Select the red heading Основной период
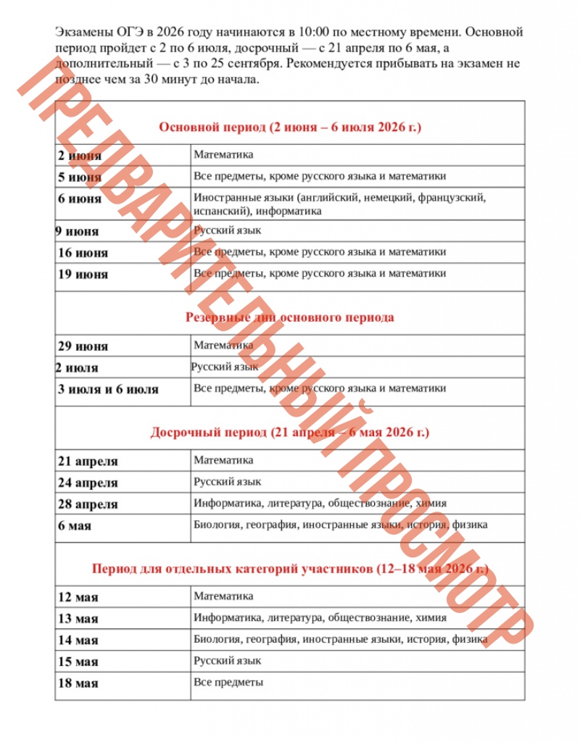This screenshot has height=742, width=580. (289, 127)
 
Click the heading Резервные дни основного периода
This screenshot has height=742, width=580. (289, 317)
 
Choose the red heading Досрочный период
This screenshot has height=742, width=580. (289, 433)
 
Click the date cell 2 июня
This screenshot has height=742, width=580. (80, 156)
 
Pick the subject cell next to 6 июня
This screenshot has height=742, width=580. (339, 204)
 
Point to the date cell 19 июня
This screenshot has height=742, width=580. (83, 275)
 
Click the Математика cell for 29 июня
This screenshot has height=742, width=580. (223, 346)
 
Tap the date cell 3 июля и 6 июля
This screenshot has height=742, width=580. (108, 389)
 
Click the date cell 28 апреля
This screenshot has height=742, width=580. (88, 504)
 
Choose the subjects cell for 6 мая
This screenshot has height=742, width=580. (341, 525)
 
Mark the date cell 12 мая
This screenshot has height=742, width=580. (78, 598)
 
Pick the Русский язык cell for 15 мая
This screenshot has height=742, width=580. (228, 661)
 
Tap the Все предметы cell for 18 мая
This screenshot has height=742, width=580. (228, 683)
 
